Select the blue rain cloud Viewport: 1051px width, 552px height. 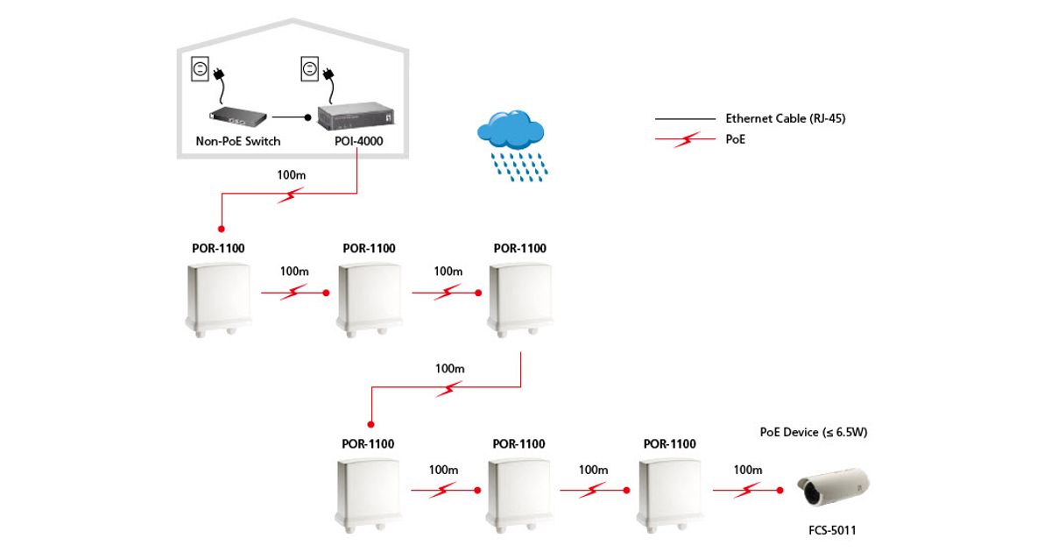tap(511, 130)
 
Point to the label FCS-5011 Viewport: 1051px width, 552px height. tap(832, 530)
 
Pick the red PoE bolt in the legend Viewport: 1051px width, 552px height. tap(687, 139)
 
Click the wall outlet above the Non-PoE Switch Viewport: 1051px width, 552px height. tap(201, 69)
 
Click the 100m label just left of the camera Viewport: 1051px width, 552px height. tap(747, 470)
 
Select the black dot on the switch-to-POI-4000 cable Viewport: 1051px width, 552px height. tap(307, 116)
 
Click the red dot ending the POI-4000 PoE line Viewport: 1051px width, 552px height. tap(221, 228)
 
